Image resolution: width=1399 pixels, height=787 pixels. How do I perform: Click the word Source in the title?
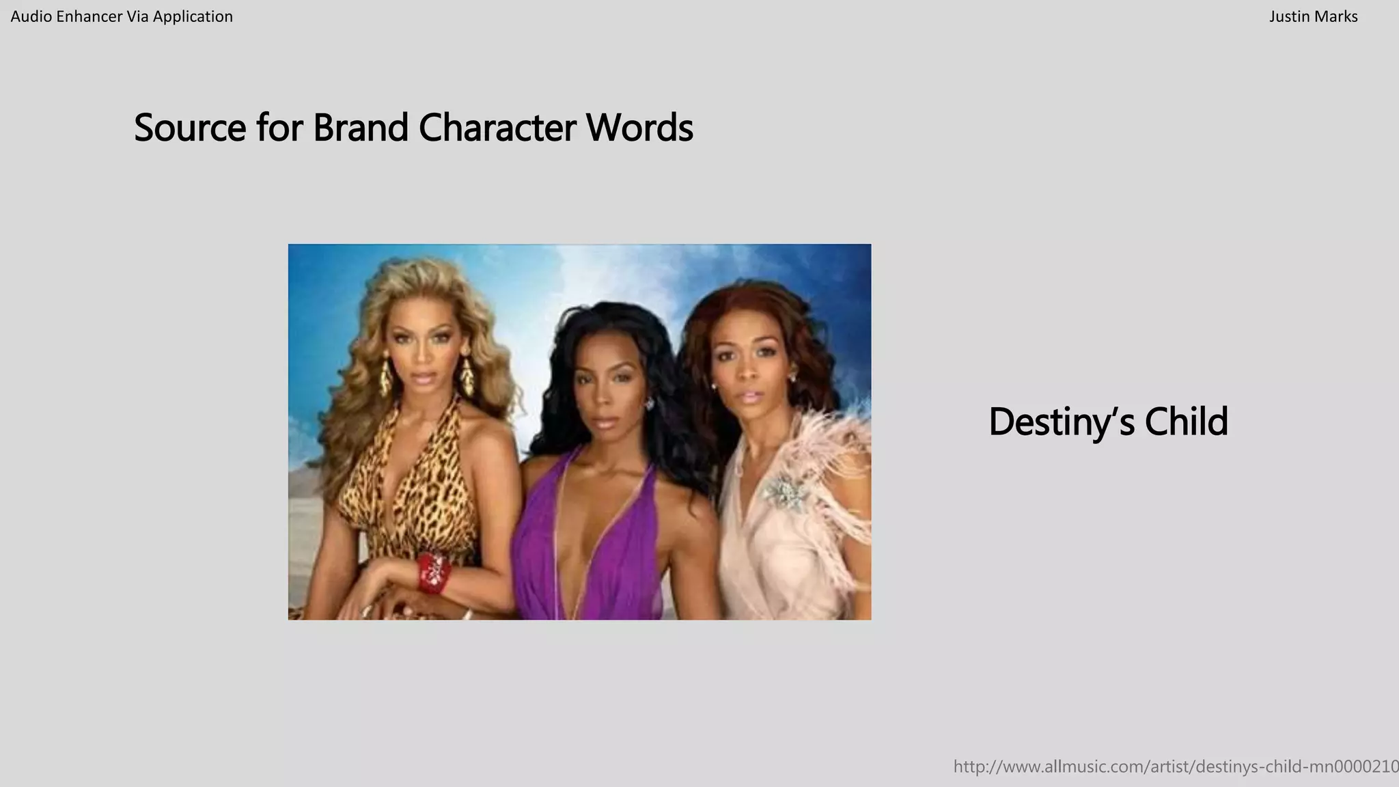tap(189, 128)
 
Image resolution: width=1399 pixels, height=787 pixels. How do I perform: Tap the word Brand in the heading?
tap(360, 128)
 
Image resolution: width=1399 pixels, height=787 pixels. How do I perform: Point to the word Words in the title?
tap(639, 128)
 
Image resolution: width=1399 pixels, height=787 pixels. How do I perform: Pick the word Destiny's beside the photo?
tap(1062, 422)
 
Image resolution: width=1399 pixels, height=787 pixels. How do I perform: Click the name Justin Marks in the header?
tap(1313, 16)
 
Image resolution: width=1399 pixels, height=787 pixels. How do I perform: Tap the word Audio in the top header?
tap(31, 16)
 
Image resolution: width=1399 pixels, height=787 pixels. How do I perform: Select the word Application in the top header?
tap(193, 16)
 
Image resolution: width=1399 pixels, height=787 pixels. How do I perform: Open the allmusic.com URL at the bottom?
tap(1175, 767)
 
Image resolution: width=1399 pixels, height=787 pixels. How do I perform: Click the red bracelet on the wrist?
tap(432, 572)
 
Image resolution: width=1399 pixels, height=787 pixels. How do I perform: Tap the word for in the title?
tap(279, 128)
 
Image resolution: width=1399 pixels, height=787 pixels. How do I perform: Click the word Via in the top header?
tap(137, 16)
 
